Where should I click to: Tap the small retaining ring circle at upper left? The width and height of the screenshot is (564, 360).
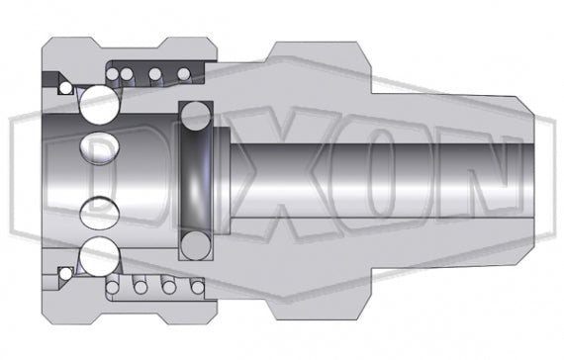(65, 88)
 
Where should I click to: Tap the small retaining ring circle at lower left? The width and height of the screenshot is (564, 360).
(65, 273)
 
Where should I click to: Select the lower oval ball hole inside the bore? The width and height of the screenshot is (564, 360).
(99, 209)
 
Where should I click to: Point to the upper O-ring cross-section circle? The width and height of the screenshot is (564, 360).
(196, 116)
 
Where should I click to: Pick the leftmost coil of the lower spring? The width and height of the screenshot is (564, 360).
(118, 287)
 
